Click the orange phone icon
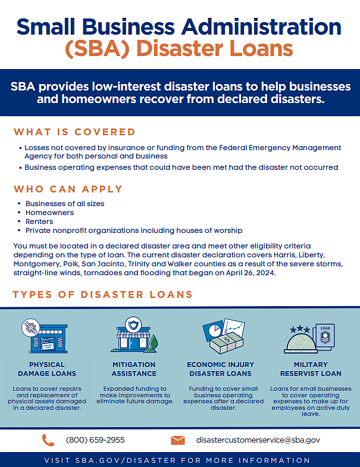point(48,440)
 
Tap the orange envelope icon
point(177,440)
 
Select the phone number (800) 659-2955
point(95,440)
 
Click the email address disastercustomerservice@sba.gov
point(258,440)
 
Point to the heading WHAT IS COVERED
point(74,132)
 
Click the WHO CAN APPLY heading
point(68,189)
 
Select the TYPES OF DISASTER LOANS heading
point(102,294)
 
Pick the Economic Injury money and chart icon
point(223,337)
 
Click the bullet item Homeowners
point(49,213)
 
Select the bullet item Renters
point(39,221)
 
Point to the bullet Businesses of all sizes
point(65,204)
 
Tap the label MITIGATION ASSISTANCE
point(134,369)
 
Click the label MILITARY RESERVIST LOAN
point(310,369)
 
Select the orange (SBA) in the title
point(100,48)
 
